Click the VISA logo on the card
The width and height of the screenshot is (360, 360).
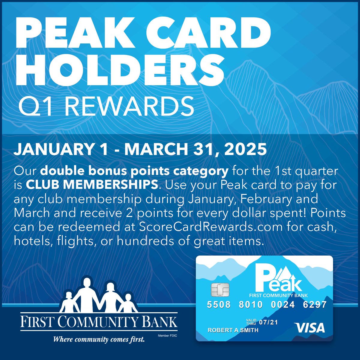coord(310,328)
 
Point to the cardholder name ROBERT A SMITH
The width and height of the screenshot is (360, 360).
coord(233,330)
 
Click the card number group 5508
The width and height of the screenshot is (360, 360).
coord(219,305)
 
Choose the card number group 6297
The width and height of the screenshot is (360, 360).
coord(315,305)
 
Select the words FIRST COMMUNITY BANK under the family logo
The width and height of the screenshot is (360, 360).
coord(99,322)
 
